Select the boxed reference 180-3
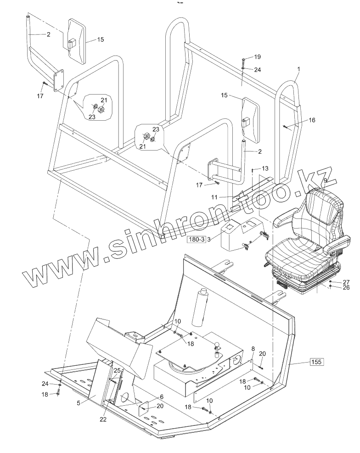pyautogui.click(x=196, y=240)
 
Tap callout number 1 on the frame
pyautogui.click(x=298, y=69)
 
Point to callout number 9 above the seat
pyautogui.click(x=325, y=181)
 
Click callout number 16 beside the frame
pyautogui.click(x=312, y=120)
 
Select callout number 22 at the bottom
pyautogui.click(x=103, y=419)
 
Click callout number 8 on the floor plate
pyautogui.click(x=253, y=349)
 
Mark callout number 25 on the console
pyautogui.click(x=117, y=370)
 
